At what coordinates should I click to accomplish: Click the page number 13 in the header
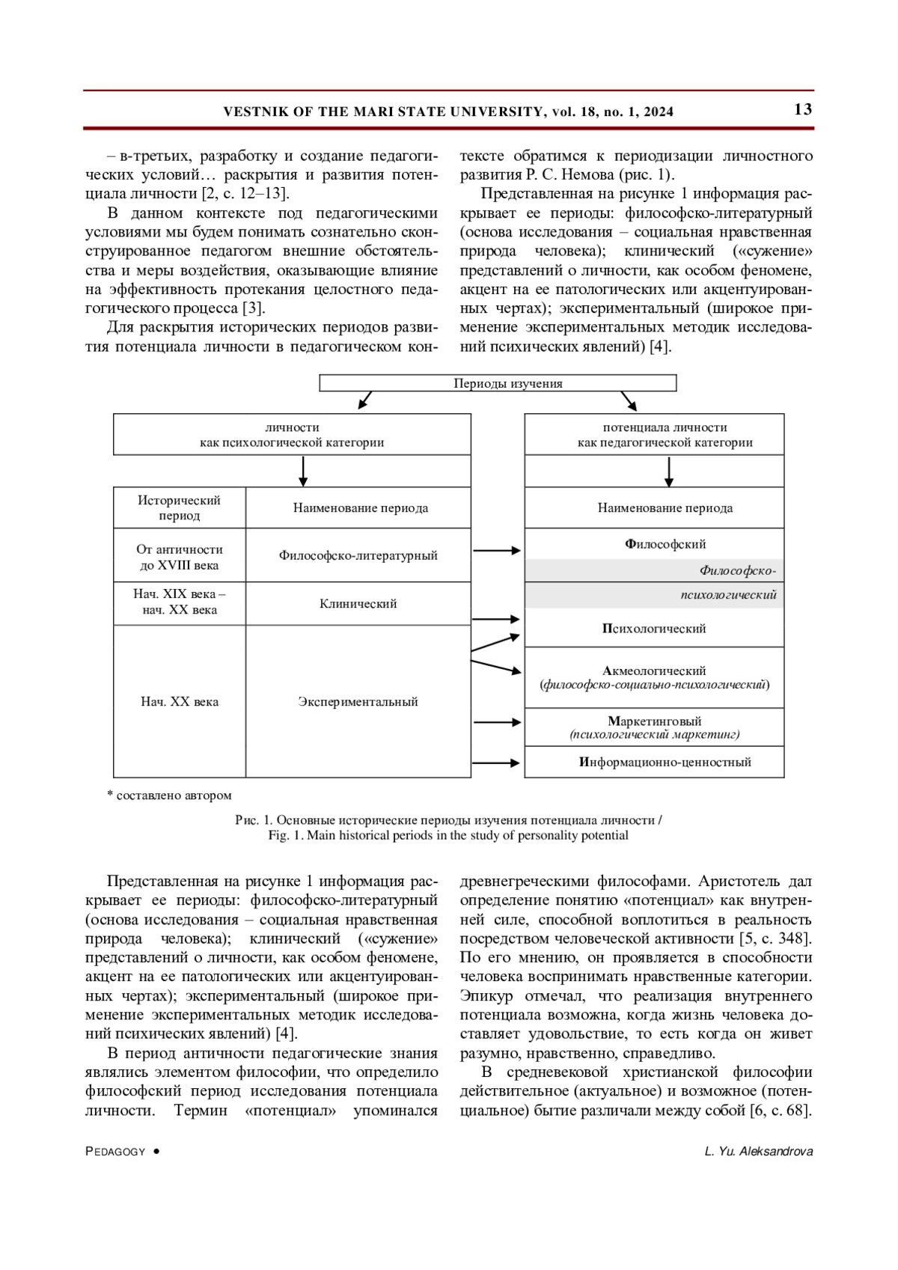tap(802, 110)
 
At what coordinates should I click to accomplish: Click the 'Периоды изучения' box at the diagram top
tap(498, 383)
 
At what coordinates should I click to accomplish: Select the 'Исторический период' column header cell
tap(180, 507)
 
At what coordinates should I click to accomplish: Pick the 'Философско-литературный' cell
tap(358, 555)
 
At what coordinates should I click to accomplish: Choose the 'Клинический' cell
tap(358, 603)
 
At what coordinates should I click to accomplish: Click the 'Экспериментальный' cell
tap(358, 701)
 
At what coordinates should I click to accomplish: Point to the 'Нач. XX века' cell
tap(180, 701)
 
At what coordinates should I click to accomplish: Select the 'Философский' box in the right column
tap(665, 544)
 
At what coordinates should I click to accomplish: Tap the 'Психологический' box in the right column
tap(654, 628)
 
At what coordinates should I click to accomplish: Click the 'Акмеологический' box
tap(654, 677)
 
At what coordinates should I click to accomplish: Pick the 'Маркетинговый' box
tap(654, 727)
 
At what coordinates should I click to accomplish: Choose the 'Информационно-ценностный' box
tap(665, 762)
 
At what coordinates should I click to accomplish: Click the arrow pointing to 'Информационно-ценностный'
tap(496, 763)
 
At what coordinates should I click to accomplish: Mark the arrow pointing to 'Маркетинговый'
tap(497, 722)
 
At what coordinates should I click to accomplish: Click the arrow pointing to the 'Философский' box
tap(497, 551)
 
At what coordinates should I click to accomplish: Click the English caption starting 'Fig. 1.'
tap(448, 835)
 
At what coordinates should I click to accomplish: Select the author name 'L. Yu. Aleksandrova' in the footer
tap(758, 1151)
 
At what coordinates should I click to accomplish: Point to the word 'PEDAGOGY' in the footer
tap(115, 1152)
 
